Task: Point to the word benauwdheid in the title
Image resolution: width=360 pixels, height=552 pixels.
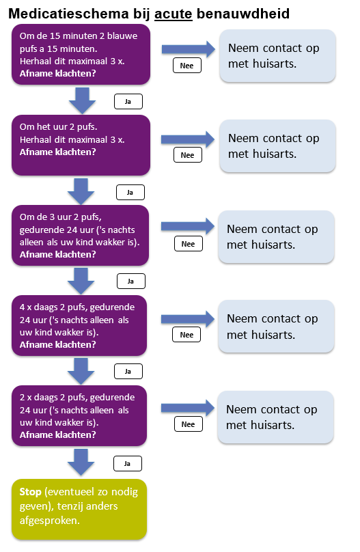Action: click(243, 14)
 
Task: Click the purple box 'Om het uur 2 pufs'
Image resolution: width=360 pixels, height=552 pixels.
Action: click(80, 146)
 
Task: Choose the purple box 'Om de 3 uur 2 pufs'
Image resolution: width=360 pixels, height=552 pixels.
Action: click(80, 235)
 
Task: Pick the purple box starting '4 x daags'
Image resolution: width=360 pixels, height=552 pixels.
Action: click(80, 325)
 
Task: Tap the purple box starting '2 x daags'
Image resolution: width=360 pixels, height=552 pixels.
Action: click(80, 415)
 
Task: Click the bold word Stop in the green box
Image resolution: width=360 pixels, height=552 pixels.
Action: click(31, 491)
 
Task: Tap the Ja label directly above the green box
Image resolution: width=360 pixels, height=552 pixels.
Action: click(127, 463)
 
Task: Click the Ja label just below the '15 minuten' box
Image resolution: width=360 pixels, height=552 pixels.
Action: click(127, 102)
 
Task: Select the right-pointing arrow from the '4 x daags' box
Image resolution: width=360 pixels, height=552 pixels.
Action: click(188, 318)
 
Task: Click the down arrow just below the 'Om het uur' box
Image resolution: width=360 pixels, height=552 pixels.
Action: click(83, 191)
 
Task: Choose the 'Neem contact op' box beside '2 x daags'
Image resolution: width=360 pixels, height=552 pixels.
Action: click(276, 417)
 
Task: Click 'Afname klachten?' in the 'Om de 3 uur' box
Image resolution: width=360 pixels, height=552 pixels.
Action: click(57, 254)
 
